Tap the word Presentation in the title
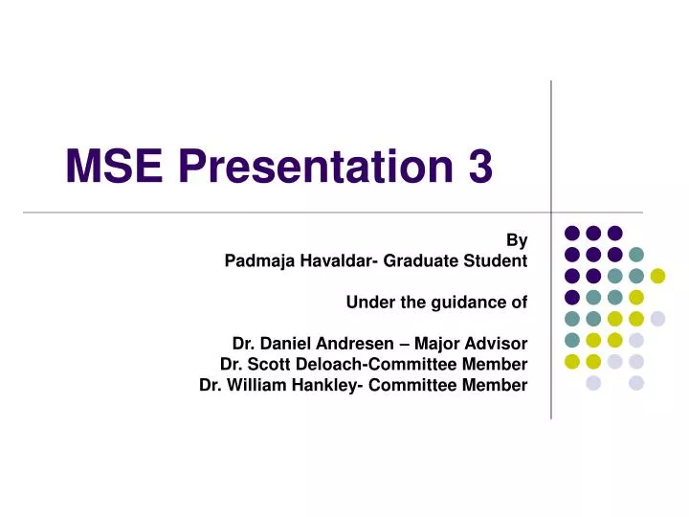click(x=313, y=169)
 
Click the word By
click(x=517, y=239)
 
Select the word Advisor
click(x=497, y=344)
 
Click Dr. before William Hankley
click(x=211, y=386)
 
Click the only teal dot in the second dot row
click(x=636, y=255)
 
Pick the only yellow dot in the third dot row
click(x=657, y=276)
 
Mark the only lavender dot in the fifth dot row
click(x=657, y=319)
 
